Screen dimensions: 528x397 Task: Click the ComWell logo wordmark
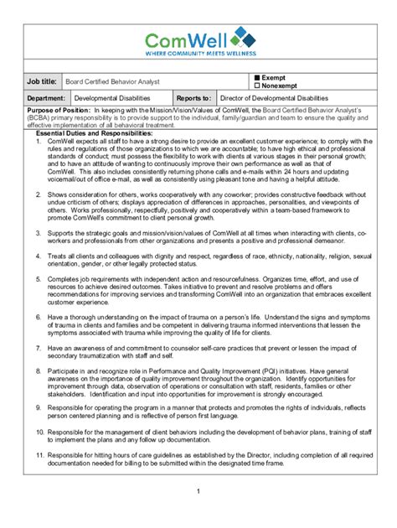187,39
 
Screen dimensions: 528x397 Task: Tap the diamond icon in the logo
240,36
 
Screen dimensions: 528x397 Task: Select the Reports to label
193,98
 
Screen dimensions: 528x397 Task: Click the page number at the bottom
198,491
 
